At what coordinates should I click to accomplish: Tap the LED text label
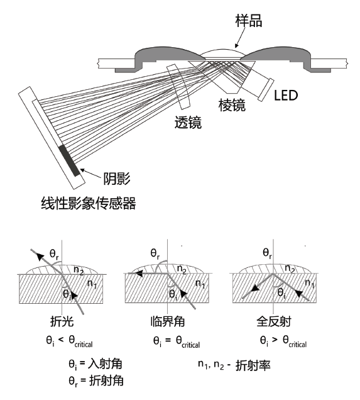click(x=286, y=96)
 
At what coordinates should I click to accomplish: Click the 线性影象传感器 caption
click(x=87, y=203)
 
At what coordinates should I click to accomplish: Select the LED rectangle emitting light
click(x=264, y=89)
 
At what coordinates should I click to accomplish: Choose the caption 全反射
click(x=275, y=322)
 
